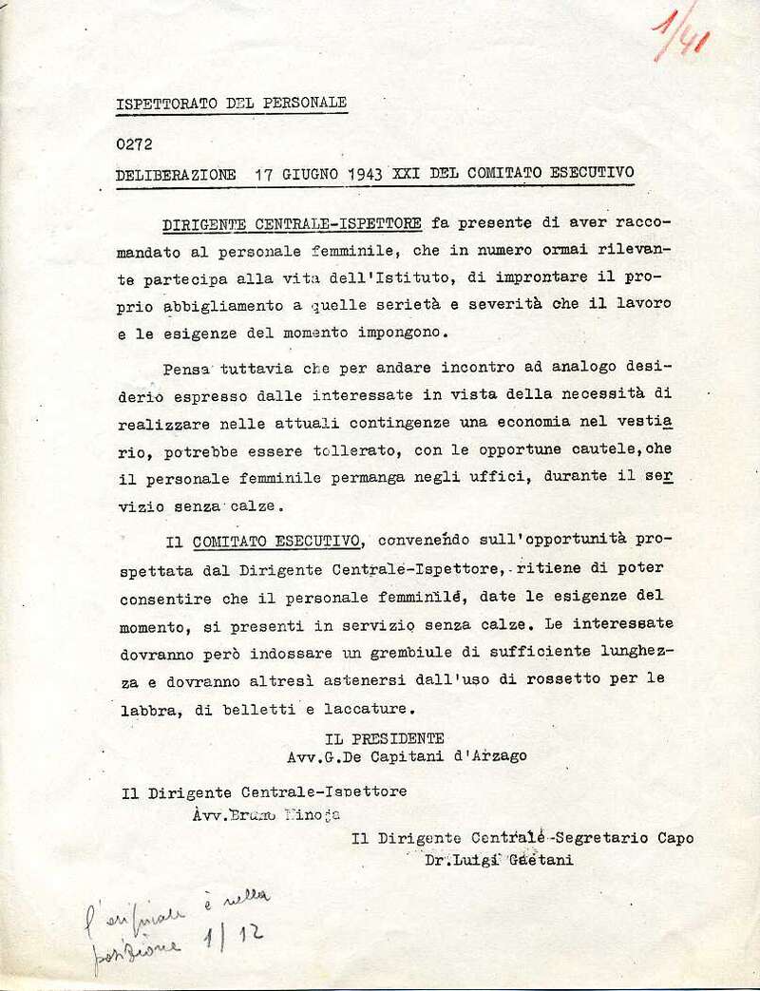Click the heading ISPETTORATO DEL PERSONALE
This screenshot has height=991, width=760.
coord(231,103)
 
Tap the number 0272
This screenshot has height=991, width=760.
coord(134,145)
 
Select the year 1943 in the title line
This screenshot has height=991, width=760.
coord(346,175)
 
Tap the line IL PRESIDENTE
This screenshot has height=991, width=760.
coord(384,737)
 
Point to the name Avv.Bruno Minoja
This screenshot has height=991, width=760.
coord(264,815)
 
